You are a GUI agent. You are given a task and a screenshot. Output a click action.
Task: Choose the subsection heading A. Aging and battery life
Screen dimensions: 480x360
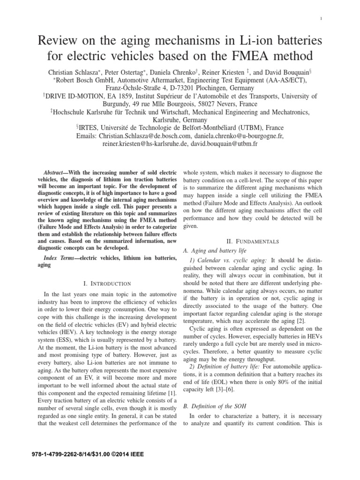pos(214,250)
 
